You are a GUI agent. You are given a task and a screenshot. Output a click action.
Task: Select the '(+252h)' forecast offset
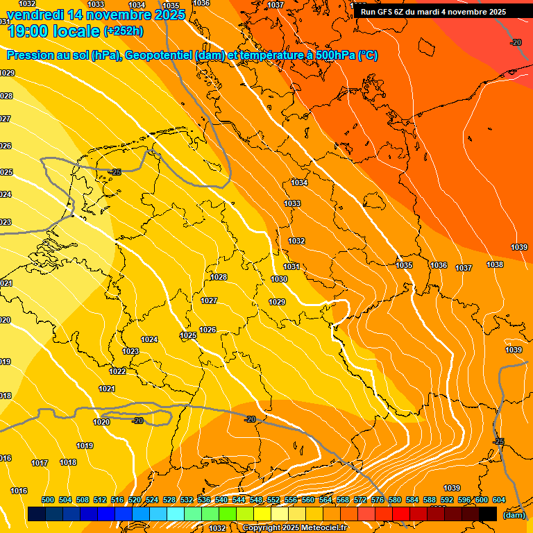[x=124, y=31]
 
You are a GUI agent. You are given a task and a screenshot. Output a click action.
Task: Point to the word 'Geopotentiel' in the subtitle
[x=159, y=56]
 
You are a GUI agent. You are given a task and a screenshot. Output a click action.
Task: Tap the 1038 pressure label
[x=495, y=264]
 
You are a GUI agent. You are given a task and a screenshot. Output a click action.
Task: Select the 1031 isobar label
[x=291, y=266]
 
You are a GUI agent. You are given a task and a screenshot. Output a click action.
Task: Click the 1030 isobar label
[x=279, y=279]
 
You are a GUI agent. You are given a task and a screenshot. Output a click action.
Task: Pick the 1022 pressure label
[x=117, y=371]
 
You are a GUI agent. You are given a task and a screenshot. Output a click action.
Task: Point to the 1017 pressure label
[x=40, y=463]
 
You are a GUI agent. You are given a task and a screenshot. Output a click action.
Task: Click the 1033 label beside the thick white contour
[x=292, y=203]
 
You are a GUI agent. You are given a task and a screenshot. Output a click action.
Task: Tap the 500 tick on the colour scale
[x=48, y=500]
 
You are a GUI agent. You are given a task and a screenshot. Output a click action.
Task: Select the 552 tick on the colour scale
[x=273, y=500]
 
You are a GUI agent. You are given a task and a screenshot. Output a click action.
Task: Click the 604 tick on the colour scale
[x=498, y=500]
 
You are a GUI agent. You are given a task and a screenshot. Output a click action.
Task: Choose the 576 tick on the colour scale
[x=378, y=500]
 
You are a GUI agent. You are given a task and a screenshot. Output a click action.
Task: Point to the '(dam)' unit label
[x=514, y=515]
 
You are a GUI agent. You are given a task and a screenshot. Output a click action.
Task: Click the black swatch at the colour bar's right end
[x=488, y=514]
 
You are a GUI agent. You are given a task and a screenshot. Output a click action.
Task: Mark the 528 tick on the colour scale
[x=169, y=500]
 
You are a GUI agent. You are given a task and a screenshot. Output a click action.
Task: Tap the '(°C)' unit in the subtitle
[x=368, y=56]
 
